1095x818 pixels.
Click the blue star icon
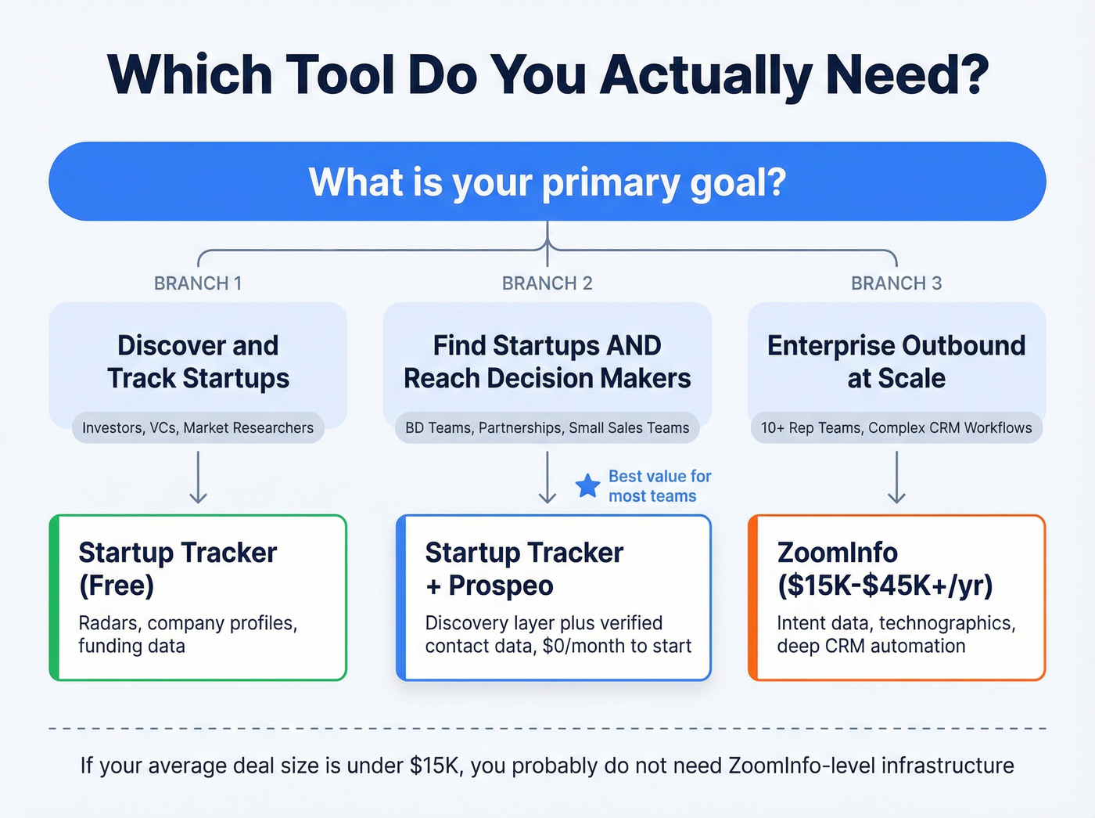click(x=587, y=486)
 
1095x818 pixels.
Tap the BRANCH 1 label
click(x=198, y=283)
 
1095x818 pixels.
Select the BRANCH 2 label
click(x=547, y=283)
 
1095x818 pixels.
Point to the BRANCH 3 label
click(x=896, y=283)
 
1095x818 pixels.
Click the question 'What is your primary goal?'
click(x=547, y=182)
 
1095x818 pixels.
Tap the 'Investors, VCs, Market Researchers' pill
click(x=198, y=428)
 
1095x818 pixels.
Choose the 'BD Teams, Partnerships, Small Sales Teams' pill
click(x=547, y=428)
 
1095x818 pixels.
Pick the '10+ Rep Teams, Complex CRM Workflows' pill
click(x=896, y=428)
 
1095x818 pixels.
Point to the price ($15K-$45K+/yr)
click(x=885, y=586)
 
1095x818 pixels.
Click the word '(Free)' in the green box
click(x=117, y=586)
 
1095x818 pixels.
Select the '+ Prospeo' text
click(x=490, y=586)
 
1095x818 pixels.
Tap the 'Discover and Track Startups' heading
click(x=198, y=362)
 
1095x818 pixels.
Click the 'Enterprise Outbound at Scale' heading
click(x=896, y=362)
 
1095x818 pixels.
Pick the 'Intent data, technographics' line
click(x=896, y=623)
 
